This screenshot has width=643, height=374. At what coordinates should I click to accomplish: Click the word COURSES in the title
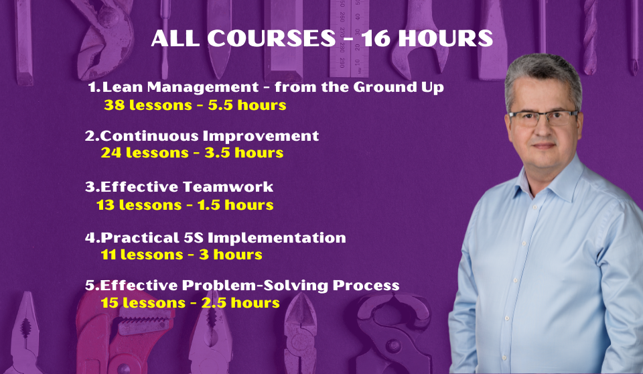[271, 38]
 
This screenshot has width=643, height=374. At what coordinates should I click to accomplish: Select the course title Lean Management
[181, 87]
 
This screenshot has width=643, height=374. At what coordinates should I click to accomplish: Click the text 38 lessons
[148, 105]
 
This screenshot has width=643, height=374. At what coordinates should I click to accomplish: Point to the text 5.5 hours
[247, 105]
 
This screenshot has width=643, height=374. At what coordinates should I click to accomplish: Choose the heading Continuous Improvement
[210, 136]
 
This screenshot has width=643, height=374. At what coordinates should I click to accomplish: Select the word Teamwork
[228, 187]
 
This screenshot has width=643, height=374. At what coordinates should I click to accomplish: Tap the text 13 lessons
[139, 205]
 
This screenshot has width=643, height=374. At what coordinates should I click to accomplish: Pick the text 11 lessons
[142, 255]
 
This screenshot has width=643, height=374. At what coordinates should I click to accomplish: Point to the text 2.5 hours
[240, 303]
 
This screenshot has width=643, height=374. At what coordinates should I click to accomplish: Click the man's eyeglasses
[543, 118]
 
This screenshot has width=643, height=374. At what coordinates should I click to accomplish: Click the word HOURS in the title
[445, 38]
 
